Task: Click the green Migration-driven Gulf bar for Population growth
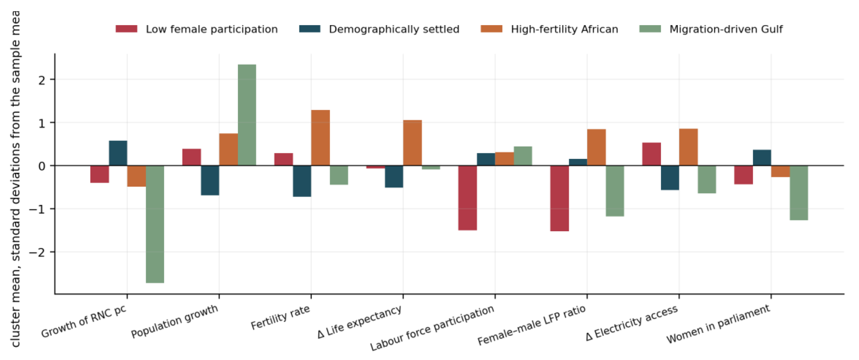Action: click(x=247, y=115)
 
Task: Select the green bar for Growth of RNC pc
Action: click(x=155, y=224)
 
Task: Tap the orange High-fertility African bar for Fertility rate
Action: click(x=320, y=138)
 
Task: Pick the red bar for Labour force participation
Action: click(x=467, y=198)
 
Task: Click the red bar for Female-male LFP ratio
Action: click(x=559, y=198)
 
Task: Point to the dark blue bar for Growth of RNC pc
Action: click(x=118, y=153)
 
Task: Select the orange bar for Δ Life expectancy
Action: click(x=412, y=143)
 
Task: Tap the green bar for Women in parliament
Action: click(x=799, y=193)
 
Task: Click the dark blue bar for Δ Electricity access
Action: click(x=670, y=178)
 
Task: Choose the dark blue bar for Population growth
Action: click(x=210, y=180)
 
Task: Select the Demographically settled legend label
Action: click(x=394, y=29)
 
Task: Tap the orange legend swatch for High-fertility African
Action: click(x=492, y=29)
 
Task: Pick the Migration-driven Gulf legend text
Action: click(x=726, y=29)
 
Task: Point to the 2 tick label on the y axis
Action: click(x=42, y=80)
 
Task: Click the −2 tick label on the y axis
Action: click(x=37, y=252)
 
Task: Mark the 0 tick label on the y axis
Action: click(x=42, y=166)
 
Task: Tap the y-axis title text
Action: click(x=15, y=179)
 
